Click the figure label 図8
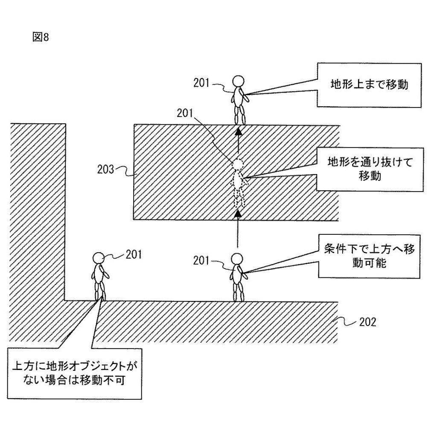click(41, 37)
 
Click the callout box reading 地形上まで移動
click(370, 84)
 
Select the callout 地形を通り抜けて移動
click(370, 169)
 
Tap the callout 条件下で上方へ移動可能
click(370, 256)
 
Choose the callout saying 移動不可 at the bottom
click(75, 373)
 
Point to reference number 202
click(367, 322)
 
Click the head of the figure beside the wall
click(99, 258)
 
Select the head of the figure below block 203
click(237, 259)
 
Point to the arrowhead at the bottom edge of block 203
click(238, 213)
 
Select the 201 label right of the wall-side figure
click(133, 255)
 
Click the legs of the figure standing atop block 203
click(238, 114)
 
